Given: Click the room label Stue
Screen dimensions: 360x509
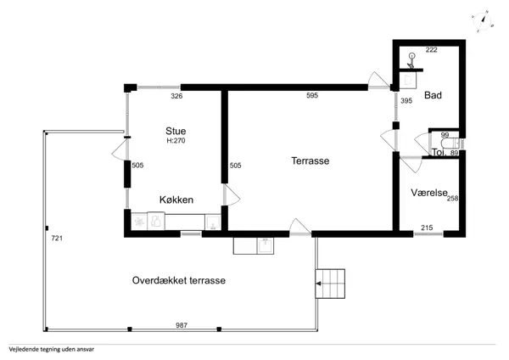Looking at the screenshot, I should [176, 131].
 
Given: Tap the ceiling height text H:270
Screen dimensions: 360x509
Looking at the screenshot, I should [176, 141].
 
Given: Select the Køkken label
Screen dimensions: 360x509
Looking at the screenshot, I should [176, 200].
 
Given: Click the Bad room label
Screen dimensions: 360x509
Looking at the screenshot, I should [433, 95].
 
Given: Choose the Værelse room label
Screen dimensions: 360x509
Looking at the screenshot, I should [428, 192].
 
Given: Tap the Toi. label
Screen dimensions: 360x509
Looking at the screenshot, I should [439, 153].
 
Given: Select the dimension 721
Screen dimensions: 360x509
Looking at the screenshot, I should [56, 239].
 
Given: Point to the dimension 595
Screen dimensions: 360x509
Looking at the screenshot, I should [312, 96].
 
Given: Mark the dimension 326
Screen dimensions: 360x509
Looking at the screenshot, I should [176, 96].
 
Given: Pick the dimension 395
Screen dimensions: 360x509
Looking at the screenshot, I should [406, 101].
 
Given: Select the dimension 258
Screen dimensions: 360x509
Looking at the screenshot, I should [452, 198].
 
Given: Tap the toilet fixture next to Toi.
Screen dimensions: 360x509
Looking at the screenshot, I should [459, 145].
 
